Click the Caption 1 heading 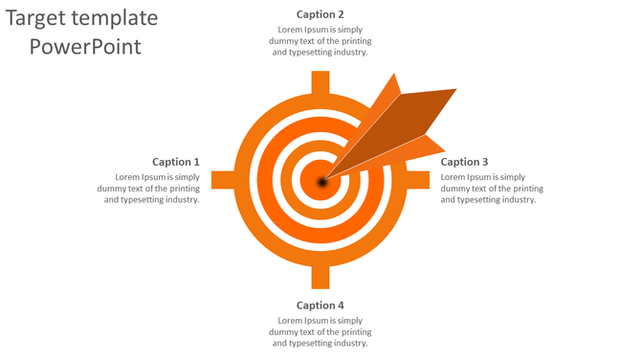point(176,162)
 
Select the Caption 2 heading point(320,14)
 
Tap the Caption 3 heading point(464,162)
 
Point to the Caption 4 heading point(320,305)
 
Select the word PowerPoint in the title point(85,46)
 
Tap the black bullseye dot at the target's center point(322,181)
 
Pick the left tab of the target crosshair point(223,180)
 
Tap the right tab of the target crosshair point(417,180)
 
